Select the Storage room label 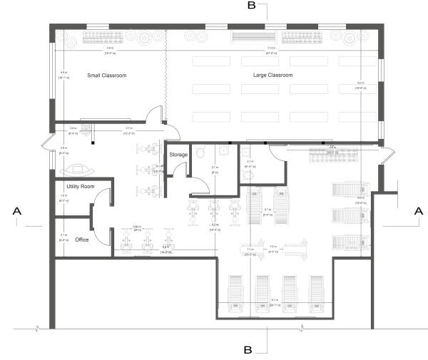(x=178, y=155)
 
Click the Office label (x=81, y=240)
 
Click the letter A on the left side (x=16, y=211)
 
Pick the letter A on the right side (x=416, y=211)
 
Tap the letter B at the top (x=251, y=6)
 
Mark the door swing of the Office (x=104, y=238)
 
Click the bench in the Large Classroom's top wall (x=254, y=36)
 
